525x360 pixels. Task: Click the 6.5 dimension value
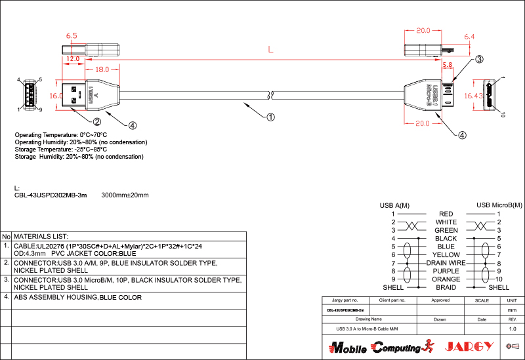[x=72, y=35]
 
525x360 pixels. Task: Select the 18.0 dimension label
[x=102, y=70]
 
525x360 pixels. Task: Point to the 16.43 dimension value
[x=473, y=96]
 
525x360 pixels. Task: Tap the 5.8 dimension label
[x=448, y=65]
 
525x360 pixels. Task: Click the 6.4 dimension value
[x=469, y=37]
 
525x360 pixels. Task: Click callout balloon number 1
[x=270, y=118]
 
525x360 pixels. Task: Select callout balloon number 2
[x=96, y=121]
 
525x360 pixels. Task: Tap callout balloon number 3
[x=479, y=60]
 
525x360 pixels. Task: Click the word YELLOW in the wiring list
[x=446, y=254]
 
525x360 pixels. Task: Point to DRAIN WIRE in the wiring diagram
[x=446, y=263]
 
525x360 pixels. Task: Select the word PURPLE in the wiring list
[x=446, y=271]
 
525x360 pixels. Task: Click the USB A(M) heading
[x=394, y=205]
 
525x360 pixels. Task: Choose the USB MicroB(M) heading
[x=499, y=205]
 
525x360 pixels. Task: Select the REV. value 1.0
[x=513, y=329]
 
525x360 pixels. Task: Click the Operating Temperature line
[x=61, y=135]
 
